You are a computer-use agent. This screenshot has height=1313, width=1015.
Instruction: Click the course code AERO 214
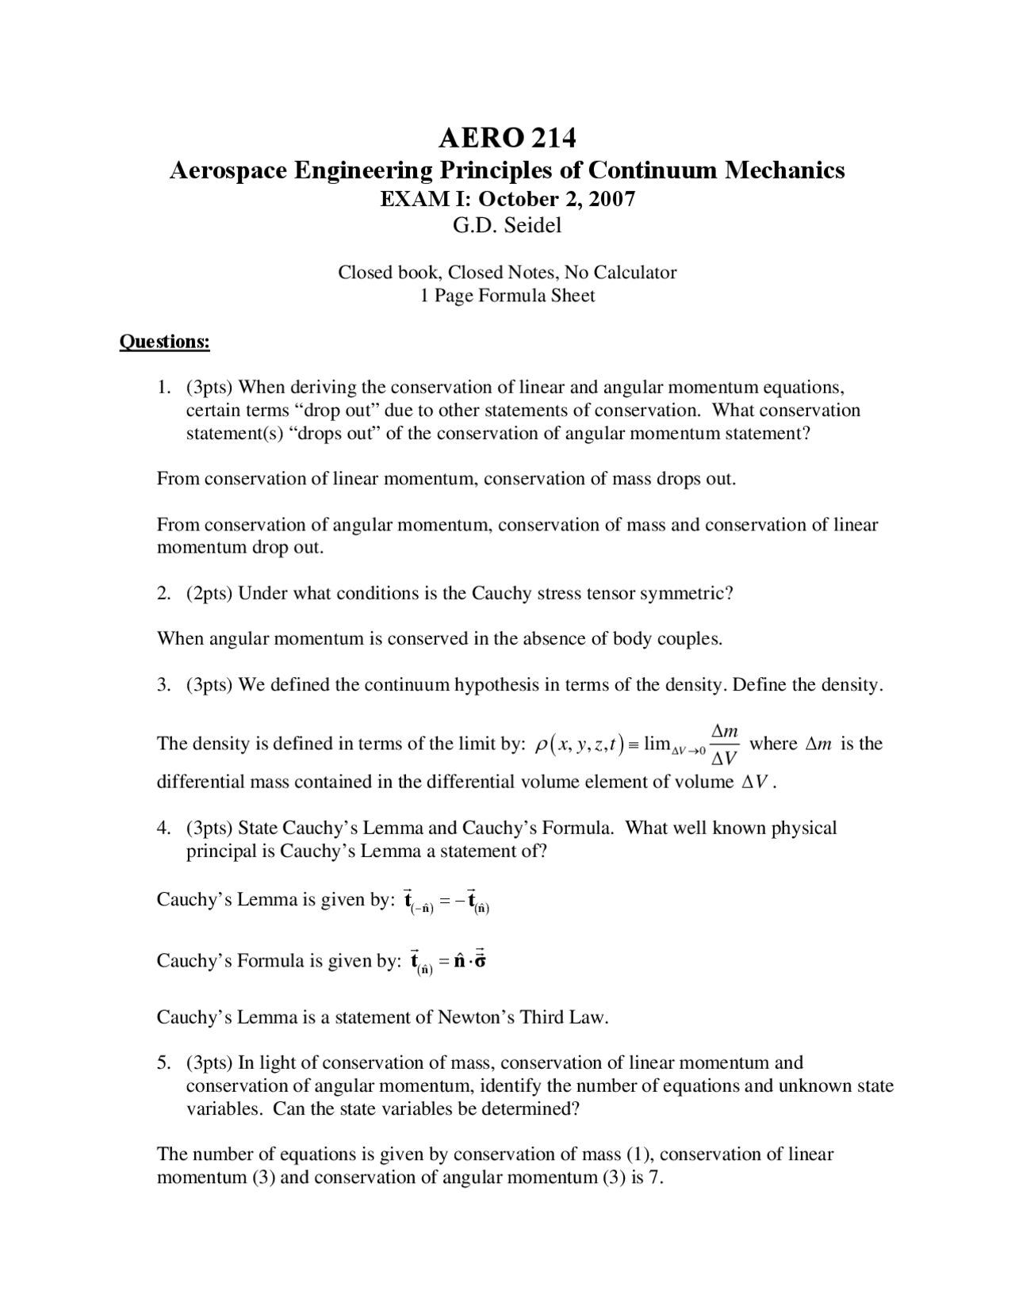point(507,139)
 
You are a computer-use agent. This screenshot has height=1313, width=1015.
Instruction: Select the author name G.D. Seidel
point(507,226)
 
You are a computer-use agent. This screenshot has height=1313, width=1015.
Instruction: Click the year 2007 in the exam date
point(611,198)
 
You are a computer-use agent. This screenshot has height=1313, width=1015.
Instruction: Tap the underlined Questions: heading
point(164,342)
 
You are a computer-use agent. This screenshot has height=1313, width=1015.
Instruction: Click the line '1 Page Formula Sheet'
point(507,296)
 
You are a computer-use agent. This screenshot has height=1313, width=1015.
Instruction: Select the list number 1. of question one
point(164,388)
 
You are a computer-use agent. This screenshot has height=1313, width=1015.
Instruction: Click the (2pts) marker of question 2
point(209,593)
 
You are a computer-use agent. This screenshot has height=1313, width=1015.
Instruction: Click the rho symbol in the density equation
point(541,745)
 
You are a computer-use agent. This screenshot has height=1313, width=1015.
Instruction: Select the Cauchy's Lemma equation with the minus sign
point(446,901)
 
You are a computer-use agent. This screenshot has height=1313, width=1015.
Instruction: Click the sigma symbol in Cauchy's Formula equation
point(479,960)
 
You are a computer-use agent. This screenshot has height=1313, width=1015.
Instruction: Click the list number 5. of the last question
point(164,1062)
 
